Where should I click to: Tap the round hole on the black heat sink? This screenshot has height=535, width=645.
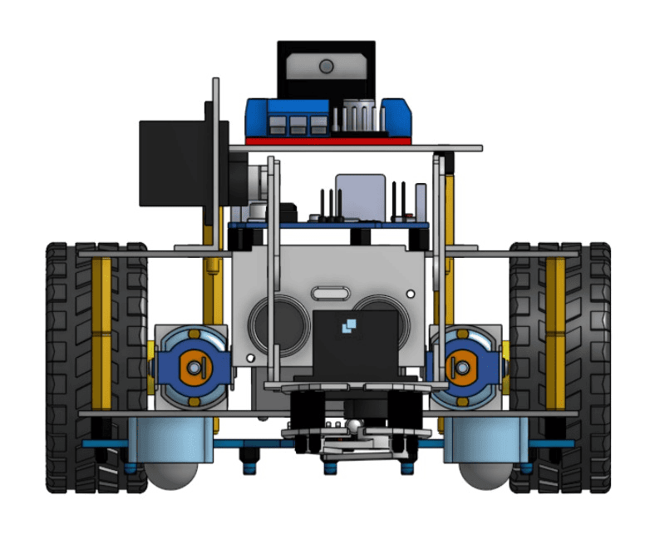[326, 66]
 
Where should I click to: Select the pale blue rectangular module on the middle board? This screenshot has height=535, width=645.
[360, 195]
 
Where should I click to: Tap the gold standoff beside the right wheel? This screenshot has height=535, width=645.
[554, 333]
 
